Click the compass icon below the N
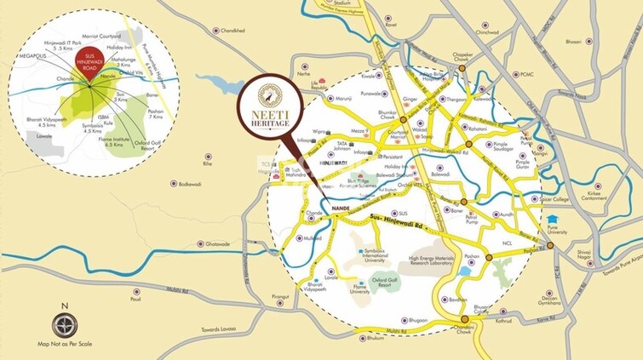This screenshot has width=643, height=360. tap(65, 325)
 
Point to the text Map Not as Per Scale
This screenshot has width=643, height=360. tap(66, 346)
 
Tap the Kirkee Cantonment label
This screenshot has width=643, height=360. tap(593, 197)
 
